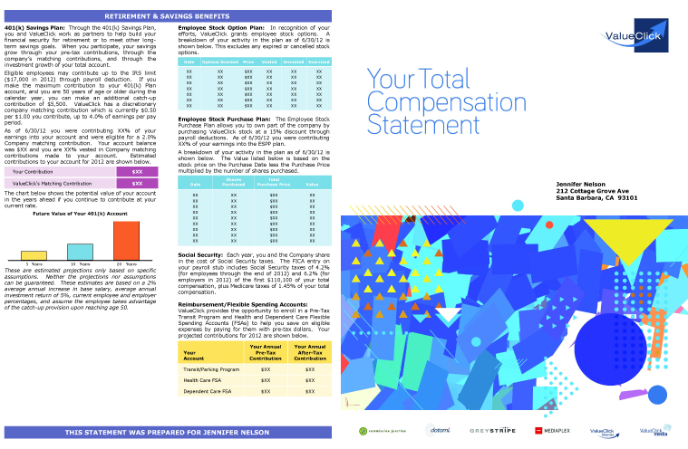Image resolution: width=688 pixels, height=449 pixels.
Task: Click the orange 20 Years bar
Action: coord(126,240)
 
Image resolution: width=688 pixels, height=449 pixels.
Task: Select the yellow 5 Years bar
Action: coord(34,255)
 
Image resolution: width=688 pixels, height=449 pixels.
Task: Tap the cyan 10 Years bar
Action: coord(80,252)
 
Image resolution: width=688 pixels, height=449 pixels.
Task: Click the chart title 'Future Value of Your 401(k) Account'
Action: coord(80,214)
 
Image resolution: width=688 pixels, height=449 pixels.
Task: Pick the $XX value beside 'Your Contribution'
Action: coord(137,171)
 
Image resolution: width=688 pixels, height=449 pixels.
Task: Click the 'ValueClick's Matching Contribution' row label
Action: coord(45,183)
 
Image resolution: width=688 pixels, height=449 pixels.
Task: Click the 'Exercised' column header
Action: coord(319,62)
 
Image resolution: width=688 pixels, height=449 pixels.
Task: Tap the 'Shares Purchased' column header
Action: coord(233,184)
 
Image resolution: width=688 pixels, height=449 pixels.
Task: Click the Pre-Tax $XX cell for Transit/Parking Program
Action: coord(266,369)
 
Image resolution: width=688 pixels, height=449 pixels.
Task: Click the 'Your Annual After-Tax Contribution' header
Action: coord(310,352)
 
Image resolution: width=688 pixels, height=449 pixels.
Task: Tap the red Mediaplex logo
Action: coord(555,430)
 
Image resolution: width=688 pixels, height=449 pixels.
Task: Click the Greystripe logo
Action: coord(492,430)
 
